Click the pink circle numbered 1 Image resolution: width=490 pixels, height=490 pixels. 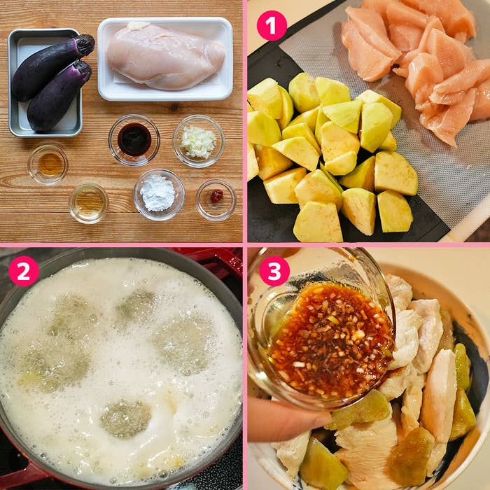(272, 26)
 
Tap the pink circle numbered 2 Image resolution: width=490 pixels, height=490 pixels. (23, 271)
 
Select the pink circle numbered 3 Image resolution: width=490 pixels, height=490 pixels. (274, 271)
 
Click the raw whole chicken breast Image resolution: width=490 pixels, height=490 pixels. (165, 55)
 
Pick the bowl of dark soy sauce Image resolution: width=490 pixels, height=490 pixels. (134, 140)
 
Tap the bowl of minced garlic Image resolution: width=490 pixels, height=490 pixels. (199, 141)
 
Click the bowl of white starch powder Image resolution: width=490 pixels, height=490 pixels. (159, 195)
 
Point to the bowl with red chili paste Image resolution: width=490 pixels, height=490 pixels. (216, 200)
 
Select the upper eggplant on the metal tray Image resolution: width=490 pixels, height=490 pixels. (52, 66)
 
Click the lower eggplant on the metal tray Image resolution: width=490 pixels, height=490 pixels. (59, 96)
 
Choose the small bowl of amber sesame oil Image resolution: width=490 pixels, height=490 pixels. (48, 164)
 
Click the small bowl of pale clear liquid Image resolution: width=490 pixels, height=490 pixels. (89, 203)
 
